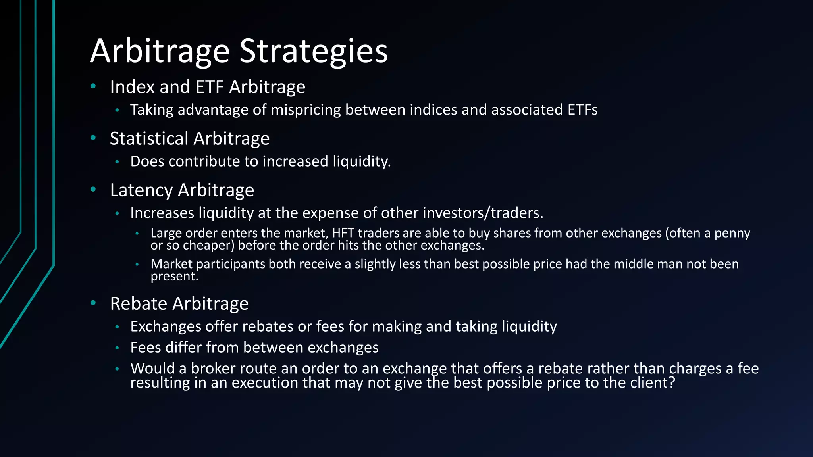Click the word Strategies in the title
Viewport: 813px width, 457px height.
click(314, 52)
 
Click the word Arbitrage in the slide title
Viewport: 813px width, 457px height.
click(160, 52)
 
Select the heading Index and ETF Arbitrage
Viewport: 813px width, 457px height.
click(207, 87)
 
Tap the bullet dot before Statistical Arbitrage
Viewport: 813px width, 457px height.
click(93, 138)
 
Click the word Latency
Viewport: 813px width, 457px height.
click(141, 190)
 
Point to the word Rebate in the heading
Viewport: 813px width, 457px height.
click(139, 304)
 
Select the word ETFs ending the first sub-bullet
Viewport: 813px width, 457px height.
click(582, 110)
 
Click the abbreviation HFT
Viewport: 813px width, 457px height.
click(343, 233)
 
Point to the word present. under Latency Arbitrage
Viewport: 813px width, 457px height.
click(174, 277)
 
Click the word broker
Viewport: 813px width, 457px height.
click(214, 369)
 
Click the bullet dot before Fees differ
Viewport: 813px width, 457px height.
click(117, 348)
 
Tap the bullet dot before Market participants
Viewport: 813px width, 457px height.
click(137, 264)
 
